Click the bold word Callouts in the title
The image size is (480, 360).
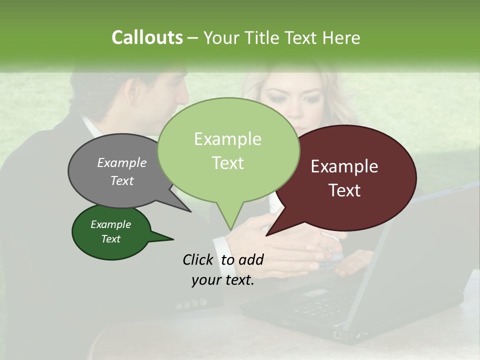pos(147,37)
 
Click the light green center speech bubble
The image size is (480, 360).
pos(228,150)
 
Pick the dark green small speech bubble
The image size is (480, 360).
pos(111,232)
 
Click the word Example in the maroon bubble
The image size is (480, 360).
pos(344,166)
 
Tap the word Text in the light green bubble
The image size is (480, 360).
pos(228,163)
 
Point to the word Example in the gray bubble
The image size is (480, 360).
pos(122,162)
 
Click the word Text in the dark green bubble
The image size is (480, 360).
pos(111,239)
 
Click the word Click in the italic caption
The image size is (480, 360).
pos(198,259)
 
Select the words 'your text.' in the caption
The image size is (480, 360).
pos(223,280)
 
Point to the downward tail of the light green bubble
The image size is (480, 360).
pos(229,220)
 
